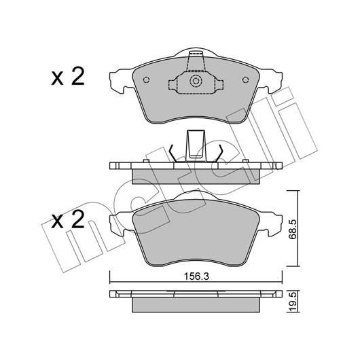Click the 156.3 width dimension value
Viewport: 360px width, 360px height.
pyautogui.click(x=196, y=276)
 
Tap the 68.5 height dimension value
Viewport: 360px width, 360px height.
pyautogui.click(x=293, y=230)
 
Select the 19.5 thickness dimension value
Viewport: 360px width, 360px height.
pyautogui.click(x=293, y=302)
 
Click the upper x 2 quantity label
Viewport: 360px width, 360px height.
pyautogui.click(x=68, y=77)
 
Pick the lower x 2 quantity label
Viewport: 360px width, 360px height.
pyautogui.click(x=68, y=219)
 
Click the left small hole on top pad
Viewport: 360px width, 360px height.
pyautogui.click(x=146, y=80)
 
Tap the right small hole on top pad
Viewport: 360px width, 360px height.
pyautogui.click(x=246, y=80)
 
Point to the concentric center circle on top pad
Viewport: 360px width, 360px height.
pyautogui.click(x=196, y=81)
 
